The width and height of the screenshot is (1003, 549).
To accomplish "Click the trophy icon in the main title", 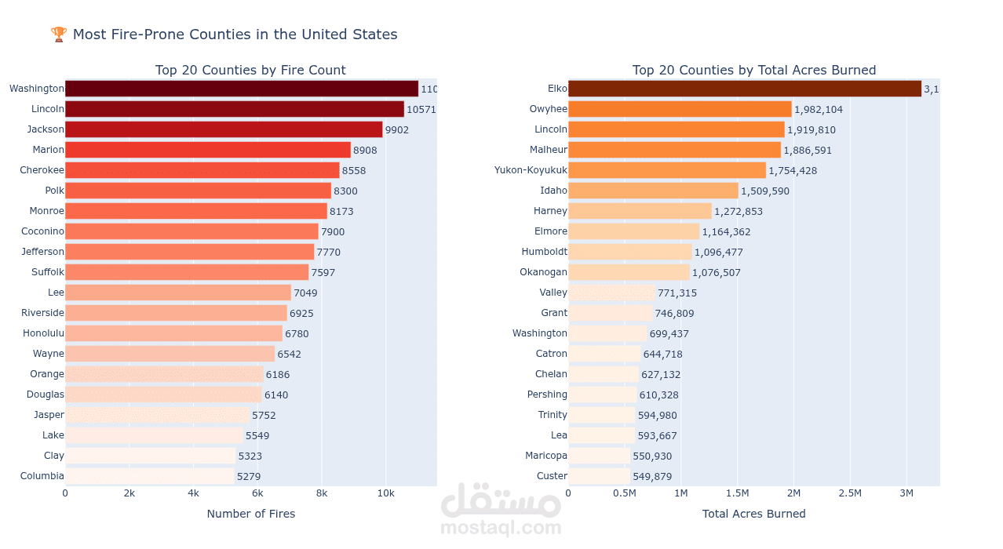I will coord(59,35).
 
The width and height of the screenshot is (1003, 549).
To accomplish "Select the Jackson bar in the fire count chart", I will coord(224,129).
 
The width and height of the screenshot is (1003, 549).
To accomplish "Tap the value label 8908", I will coord(365,150).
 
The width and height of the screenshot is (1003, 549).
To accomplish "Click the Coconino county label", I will coord(43,231).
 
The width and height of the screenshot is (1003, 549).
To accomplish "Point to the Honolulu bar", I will coord(173,333).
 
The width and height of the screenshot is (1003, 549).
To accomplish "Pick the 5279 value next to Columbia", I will coord(249,476).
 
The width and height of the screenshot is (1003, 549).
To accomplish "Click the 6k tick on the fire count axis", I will coord(257,493).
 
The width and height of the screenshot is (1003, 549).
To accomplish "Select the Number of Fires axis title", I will coord(251,514).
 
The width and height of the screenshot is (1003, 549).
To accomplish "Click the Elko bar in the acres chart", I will coord(744,89).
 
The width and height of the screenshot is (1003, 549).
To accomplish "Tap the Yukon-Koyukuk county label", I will coord(531,170).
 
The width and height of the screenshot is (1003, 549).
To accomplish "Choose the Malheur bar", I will coord(674,150).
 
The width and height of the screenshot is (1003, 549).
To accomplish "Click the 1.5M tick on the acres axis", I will coord(737,493).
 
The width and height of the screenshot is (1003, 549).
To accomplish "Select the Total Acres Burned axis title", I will coord(753,514).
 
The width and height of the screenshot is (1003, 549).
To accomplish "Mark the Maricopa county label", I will coord(546,456).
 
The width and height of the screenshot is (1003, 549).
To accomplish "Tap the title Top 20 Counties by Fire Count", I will coord(250,71).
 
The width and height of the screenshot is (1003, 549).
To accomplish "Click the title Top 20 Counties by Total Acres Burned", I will coord(754,71).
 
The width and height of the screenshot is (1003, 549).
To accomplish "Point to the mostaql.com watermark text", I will coord(501,528).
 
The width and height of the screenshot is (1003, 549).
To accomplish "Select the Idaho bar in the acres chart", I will coord(653,191).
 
